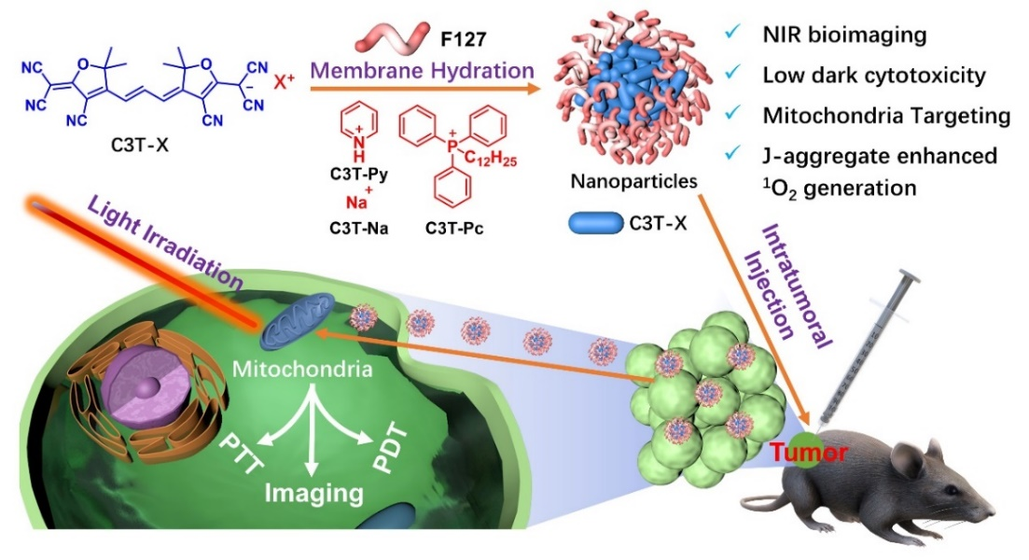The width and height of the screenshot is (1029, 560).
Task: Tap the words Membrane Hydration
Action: [x=423, y=70]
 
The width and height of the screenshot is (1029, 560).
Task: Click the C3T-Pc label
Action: [x=457, y=227]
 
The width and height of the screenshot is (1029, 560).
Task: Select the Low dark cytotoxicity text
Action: [x=873, y=77]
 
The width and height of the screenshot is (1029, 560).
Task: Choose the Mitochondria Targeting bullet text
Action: [x=886, y=117]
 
